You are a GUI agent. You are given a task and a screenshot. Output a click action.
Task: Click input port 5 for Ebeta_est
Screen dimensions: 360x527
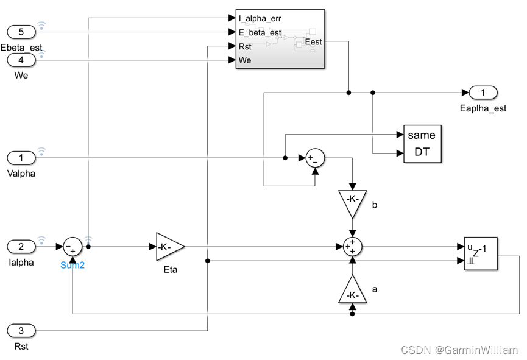tap(21, 32)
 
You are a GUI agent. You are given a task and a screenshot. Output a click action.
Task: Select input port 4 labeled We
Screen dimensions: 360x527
tap(21, 60)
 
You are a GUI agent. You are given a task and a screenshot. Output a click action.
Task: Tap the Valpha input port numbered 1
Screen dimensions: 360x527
tap(21, 158)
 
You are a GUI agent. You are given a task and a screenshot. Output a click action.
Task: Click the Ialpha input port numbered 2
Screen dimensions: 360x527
tap(21, 247)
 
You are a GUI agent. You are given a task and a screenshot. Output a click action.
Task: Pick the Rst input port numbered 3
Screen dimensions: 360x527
tap(21, 331)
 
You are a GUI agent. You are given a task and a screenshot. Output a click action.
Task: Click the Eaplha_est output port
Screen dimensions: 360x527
tap(483, 93)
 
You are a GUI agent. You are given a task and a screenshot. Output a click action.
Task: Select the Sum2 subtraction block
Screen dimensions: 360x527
tap(73, 247)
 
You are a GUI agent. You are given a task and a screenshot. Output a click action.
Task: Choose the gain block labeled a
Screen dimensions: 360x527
tap(352, 291)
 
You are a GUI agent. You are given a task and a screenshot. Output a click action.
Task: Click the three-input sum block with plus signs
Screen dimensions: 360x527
tap(352, 247)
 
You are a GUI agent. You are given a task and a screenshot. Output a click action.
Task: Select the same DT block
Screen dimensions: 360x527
tap(422, 144)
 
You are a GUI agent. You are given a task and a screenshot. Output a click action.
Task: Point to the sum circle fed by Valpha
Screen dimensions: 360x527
tap(315, 158)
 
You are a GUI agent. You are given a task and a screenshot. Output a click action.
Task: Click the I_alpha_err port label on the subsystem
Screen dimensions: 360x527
tap(260, 18)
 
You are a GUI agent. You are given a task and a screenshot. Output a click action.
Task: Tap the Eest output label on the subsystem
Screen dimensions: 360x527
tap(313, 42)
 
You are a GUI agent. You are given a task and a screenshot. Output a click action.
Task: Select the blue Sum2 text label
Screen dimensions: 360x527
tap(73, 266)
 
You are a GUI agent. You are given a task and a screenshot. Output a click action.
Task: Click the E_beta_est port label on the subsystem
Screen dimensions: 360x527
tap(260, 32)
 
